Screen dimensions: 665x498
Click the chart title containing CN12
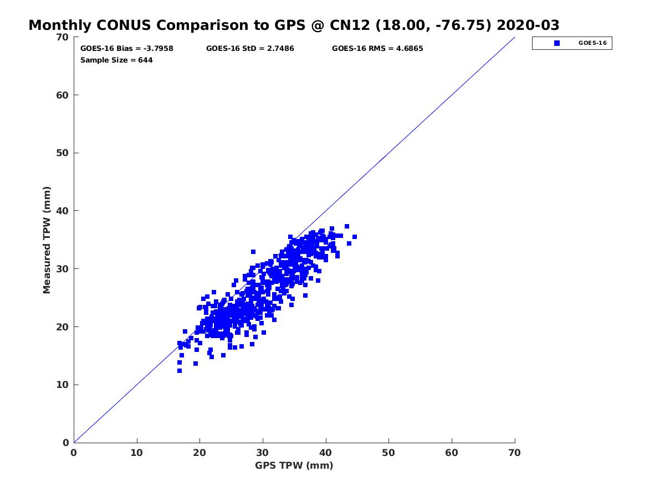click(294, 25)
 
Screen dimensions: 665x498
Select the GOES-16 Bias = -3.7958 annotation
click(127, 48)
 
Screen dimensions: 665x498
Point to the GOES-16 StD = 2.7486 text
click(250, 48)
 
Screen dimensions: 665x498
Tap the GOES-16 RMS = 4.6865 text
click(377, 48)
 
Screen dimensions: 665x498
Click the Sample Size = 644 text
click(116, 60)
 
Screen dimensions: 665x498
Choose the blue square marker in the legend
click(556, 43)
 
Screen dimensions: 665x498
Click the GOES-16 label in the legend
click(592, 43)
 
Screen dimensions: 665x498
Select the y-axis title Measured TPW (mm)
click(47, 240)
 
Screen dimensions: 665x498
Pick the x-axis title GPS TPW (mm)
click(294, 465)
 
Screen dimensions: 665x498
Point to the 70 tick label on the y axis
click(63, 37)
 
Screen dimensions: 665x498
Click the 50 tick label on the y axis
click(63, 153)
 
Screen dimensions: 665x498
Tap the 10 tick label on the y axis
click(63, 385)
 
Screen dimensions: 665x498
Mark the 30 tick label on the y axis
click(63, 269)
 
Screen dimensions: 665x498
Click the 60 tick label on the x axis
click(452, 453)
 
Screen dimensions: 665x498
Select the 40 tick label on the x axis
click(325, 453)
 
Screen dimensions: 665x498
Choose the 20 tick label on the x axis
click(199, 453)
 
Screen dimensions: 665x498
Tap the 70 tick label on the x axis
click(514, 453)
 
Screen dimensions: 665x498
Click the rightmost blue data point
click(355, 237)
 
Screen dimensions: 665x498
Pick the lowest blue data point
click(180, 371)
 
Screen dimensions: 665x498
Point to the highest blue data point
click(347, 226)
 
